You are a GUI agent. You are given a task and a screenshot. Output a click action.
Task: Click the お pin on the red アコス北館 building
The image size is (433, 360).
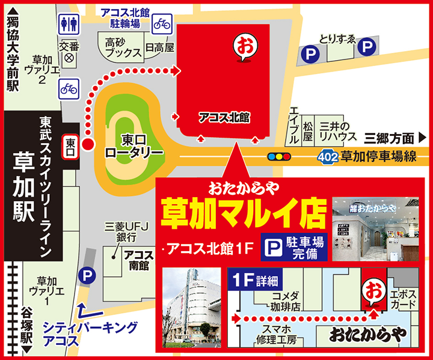click(x=244, y=45)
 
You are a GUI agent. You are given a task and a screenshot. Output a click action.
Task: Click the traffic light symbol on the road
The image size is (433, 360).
click(x=279, y=156)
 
